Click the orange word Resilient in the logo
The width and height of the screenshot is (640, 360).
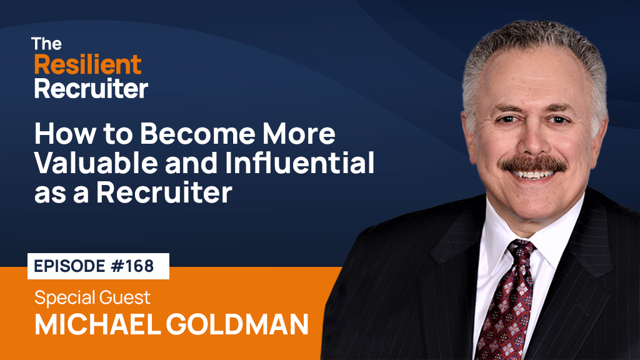pyautogui.click(x=87, y=65)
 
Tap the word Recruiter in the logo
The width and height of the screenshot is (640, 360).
pyautogui.click(x=91, y=89)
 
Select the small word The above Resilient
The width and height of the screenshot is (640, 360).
pyautogui.click(x=46, y=44)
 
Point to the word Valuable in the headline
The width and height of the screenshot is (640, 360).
pyautogui.click(x=96, y=163)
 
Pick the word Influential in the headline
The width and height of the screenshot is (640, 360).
pyautogui.click(x=299, y=163)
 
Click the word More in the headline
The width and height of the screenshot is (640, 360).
pyautogui.click(x=299, y=134)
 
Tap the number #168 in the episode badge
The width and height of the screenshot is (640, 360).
pyautogui.click(x=132, y=266)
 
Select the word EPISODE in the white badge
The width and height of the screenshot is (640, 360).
pyautogui.click(x=70, y=266)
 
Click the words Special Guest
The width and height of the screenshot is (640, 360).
pyautogui.click(x=92, y=297)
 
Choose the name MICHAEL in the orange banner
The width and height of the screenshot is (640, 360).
pyautogui.click(x=97, y=324)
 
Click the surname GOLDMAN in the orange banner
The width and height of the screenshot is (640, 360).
pyautogui.click(x=237, y=324)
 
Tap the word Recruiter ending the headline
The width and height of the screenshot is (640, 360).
pyautogui.click(x=164, y=192)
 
